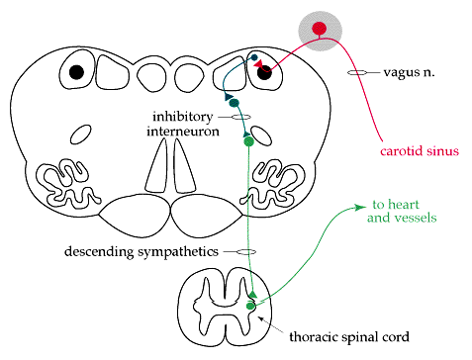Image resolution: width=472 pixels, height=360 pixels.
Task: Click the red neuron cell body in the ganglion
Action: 319,29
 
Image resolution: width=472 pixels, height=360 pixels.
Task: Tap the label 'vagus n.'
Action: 409,72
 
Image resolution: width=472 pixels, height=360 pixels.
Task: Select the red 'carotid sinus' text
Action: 420,151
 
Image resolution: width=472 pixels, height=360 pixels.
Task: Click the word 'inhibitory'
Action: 182,117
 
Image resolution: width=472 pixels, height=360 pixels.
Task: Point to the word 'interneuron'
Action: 183,132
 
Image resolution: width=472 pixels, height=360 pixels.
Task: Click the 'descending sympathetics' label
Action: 142,252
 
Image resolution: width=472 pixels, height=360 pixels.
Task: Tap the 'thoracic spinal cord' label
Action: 349,337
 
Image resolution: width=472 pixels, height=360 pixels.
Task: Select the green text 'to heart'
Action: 396,205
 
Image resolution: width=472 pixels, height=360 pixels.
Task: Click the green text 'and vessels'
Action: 402,218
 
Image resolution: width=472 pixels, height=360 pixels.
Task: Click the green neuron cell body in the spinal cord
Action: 250,307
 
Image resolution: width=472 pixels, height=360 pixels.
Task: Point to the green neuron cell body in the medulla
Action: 248,141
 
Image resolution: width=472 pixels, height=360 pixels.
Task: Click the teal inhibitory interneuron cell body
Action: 234,103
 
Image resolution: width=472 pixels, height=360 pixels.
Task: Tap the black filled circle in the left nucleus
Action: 76,72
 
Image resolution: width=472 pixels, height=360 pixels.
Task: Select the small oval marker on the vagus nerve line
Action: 357,72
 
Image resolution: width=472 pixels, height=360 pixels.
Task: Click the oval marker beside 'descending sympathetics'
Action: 246,252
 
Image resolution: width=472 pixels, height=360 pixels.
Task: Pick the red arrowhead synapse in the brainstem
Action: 258,63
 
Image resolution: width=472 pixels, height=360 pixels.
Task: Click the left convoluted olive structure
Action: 68,182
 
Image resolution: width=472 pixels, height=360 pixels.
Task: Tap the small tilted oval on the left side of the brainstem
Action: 81,135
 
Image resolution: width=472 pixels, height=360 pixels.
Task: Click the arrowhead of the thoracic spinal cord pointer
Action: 260,318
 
